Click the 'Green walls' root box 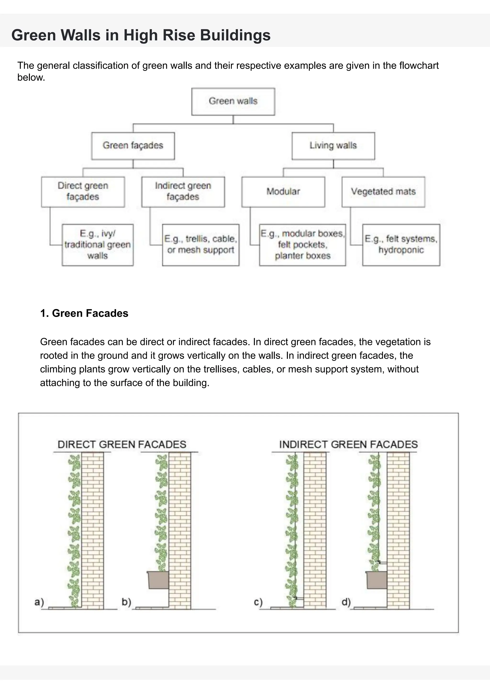point(233,101)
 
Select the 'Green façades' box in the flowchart point(133,146)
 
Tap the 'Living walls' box point(333,146)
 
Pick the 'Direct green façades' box point(83,192)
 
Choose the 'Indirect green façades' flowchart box point(183,192)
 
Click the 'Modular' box point(283,192)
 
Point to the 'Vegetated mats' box point(383,192)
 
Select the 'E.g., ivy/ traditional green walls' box point(97,245)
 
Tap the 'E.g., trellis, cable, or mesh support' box point(201,245)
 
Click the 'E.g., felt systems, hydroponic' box point(401,245)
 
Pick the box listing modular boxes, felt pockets point(302,245)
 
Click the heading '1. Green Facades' point(84,313)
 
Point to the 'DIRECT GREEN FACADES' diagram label point(122,445)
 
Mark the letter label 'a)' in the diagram point(39,602)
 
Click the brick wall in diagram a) point(92,528)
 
